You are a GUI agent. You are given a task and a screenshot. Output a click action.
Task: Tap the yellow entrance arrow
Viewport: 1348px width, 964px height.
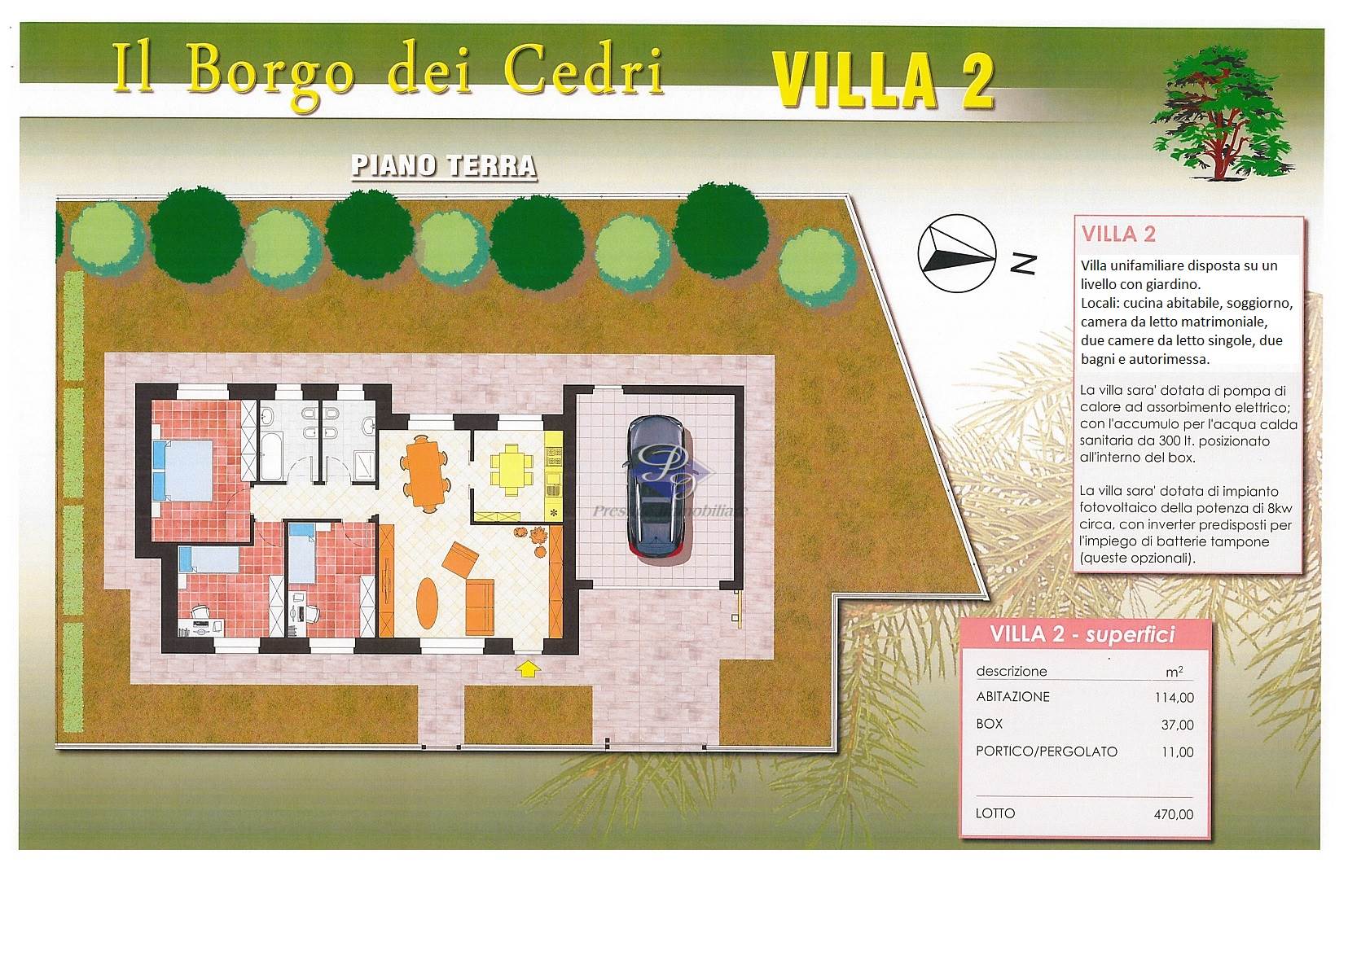coord(528,668)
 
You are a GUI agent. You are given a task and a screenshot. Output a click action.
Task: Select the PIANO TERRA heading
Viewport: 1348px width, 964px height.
coord(444,167)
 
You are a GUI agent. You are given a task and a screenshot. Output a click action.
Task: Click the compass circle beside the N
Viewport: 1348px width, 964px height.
coord(956,253)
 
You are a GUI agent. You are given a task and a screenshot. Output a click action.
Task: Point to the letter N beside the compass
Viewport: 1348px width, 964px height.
coord(1024,264)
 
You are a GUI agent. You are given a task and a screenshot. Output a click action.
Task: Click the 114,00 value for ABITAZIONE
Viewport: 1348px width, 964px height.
coord(1174,698)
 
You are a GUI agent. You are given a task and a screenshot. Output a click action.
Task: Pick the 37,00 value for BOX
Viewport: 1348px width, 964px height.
coord(1178,725)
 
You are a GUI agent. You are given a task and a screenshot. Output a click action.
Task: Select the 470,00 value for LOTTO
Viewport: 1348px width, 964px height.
coord(1174,814)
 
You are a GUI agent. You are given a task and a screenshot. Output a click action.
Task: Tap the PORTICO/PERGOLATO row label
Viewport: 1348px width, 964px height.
coord(1047,751)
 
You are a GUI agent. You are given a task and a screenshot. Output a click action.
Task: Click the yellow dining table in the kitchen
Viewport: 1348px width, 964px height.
coord(511,469)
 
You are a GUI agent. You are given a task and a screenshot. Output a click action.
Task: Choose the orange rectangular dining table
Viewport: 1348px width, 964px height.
coord(425,473)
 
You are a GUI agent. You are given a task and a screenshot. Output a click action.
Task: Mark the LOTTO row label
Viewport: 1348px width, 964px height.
coord(995,813)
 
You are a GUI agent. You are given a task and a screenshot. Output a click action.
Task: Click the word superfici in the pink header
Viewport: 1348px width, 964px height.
coord(1131,636)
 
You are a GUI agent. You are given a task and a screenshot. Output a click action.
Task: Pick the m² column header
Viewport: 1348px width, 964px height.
coord(1174,672)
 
